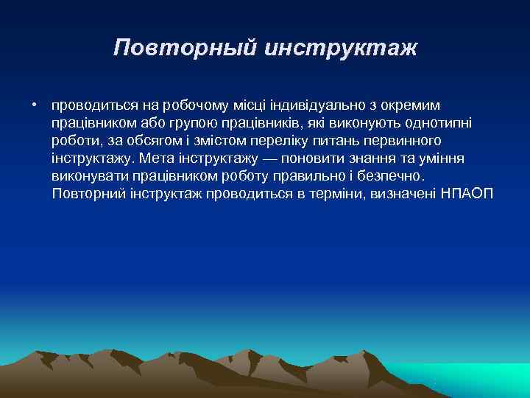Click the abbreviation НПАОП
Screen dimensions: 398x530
467,193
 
